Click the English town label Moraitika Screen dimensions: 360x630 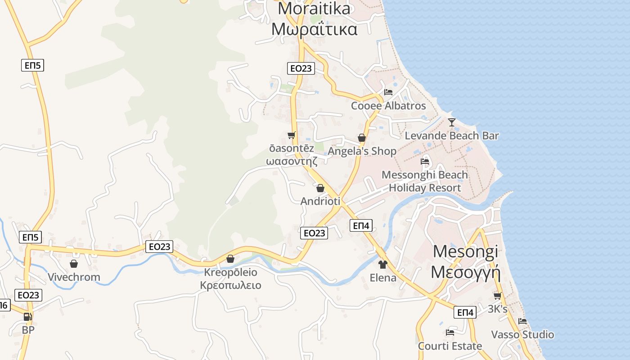(x=314, y=9)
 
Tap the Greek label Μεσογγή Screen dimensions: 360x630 (x=466, y=272)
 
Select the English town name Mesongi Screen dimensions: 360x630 (x=466, y=252)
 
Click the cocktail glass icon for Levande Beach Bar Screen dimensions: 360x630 (x=452, y=122)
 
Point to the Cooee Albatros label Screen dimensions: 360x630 (x=388, y=106)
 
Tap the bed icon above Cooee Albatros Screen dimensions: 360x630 (x=388, y=92)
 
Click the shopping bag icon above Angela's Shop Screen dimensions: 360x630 (x=362, y=138)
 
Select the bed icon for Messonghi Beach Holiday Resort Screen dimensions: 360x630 (x=425, y=161)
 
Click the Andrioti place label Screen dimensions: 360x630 (x=320, y=201)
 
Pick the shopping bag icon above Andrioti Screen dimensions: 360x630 (x=320, y=188)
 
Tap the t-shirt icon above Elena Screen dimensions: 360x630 (x=383, y=264)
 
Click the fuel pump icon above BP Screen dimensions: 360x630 (x=28, y=317)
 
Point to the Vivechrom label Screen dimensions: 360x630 (x=74, y=277)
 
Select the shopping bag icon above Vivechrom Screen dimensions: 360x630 (x=74, y=264)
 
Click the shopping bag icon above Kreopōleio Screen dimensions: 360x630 (x=230, y=259)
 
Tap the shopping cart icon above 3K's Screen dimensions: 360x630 (x=498, y=296)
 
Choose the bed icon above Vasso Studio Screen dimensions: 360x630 (x=522, y=321)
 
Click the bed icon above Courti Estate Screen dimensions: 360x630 (x=450, y=333)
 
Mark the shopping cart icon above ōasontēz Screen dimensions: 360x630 (x=292, y=135)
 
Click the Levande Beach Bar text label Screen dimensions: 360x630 (x=452, y=135)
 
